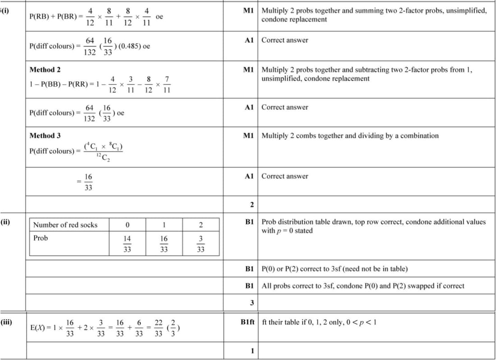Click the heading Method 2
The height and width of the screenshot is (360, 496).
[45, 70]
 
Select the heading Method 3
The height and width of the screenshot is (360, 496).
[45, 136]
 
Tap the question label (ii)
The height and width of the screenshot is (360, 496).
[6, 222]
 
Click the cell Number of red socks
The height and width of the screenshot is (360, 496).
[65, 225]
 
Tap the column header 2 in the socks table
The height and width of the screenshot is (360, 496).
[201, 225]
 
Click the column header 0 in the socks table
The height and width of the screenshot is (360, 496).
[128, 225]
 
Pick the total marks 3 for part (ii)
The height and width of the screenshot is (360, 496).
[252, 302]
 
